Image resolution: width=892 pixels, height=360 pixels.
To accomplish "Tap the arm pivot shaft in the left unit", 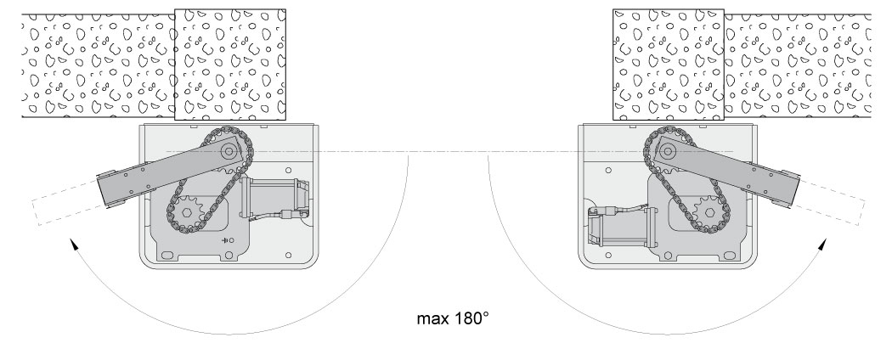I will [x=228, y=151].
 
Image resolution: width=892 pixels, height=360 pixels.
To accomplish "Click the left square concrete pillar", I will [x=230, y=65].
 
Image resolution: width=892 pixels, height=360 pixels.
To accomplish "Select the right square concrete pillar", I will [x=669, y=65].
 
